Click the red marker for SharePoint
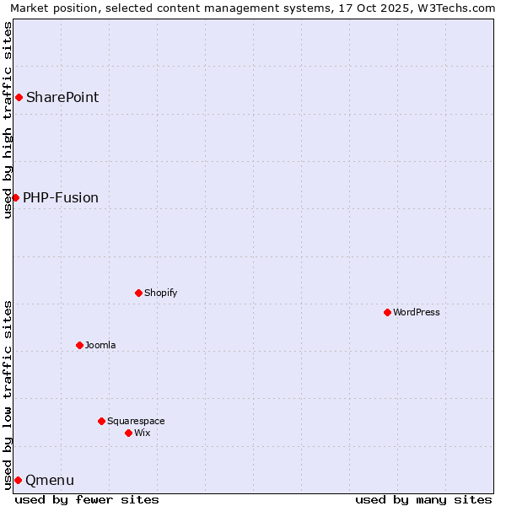[19, 98]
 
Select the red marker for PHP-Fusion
[15, 198]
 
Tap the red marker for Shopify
[138, 293]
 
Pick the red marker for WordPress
[387, 313]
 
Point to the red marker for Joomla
[79, 346]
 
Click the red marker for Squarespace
[101, 422]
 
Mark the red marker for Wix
[128, 433]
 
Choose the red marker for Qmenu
[18, 481]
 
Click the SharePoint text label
[62, 98]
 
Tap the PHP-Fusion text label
[61, 198]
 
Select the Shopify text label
[160, 293]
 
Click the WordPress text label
[417, 313]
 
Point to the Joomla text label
[100, 346]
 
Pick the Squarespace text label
[136, 422]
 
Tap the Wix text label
[142, 433]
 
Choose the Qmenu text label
[50, 481]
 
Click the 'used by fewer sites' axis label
[87, 499]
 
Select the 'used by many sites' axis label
[423, 499]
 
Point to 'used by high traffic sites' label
[8, 120]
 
